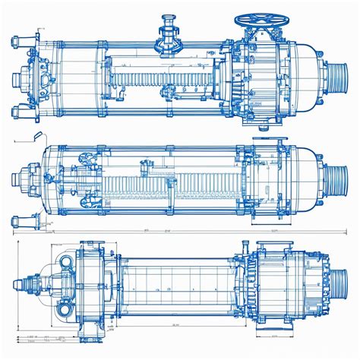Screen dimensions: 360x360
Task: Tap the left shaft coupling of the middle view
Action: (20, 180)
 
